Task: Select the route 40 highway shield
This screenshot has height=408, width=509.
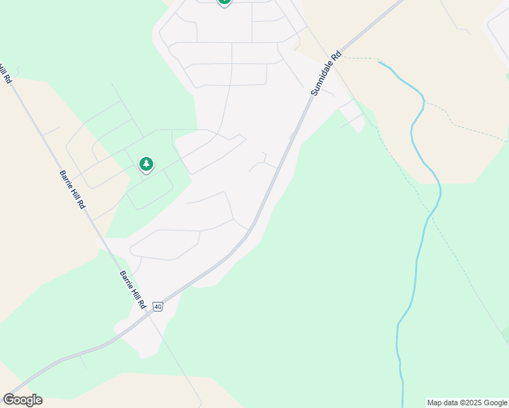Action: tap(158, 307)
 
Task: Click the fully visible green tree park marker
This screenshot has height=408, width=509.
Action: tap(146, 164)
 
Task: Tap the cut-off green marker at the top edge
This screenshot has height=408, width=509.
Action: tap(225, 2)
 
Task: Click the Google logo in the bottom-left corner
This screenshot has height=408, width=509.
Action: tap(22, 400)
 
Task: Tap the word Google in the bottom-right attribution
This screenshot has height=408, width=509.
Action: tap(496, 403)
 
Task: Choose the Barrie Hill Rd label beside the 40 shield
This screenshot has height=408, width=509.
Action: tap(133, 290)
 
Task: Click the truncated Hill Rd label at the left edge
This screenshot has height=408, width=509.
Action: tap(6, 73)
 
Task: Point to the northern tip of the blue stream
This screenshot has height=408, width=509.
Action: tap(379, 63)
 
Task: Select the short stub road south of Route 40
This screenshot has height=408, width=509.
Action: tap(82, 360)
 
